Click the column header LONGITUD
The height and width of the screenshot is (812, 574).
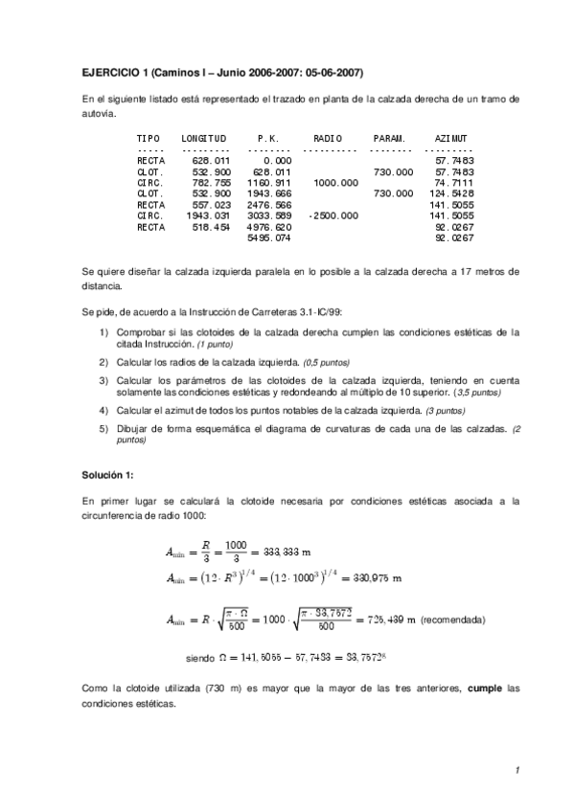point(203,139)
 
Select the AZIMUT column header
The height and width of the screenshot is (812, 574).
point(450,139)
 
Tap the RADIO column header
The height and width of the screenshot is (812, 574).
point(327,139)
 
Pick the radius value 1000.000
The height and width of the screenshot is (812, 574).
point(335,182)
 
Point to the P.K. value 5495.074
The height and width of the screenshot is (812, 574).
point(268,238)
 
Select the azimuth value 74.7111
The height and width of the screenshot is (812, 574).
point(454,182)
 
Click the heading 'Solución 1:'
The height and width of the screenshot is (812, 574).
point(108,476)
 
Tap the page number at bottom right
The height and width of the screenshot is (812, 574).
point(516,771)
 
